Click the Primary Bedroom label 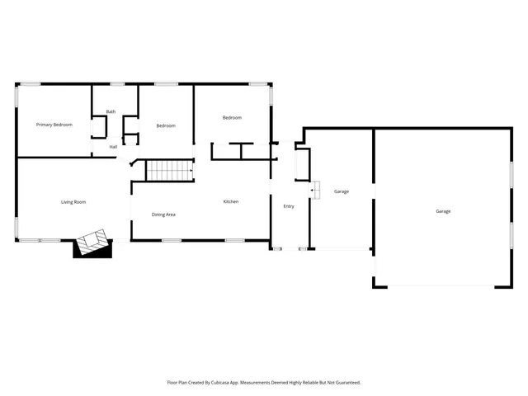coord(54,125)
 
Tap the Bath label coord(111,112)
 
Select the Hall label coord(113,147)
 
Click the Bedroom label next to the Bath coord(166,125)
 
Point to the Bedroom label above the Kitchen coord(232,118)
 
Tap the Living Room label coord(73,202)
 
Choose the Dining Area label coord(163,214)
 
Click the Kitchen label coord(231,202)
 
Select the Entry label coord(289,206)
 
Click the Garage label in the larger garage coord(443,211)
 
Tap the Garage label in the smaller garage coord(342,191)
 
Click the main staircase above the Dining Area coord(169,171)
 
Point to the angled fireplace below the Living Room coord(92,243)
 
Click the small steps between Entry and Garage coord(314,191)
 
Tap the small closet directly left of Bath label coord(99,127)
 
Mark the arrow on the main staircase coord(190,172)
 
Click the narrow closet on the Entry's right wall coord(302,165)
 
